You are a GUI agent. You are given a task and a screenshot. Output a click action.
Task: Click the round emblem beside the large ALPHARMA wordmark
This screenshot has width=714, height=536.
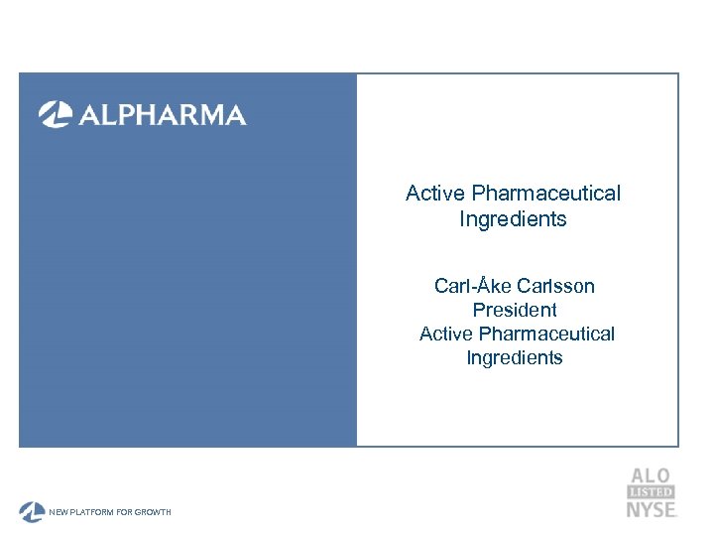pyautogui.click(x=54, y=115)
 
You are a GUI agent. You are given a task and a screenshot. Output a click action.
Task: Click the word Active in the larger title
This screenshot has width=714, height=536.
pyautogui.click(x=436, y=193)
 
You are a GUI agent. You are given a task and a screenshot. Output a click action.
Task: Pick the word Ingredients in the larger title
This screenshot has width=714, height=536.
pyautogui.click(x=513, y=218)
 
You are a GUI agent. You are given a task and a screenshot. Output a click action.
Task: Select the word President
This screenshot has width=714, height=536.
pyautogui.click(x=515, y=310)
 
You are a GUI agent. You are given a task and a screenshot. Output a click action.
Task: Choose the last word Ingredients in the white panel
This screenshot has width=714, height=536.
pyautogui.click(x=515, y=357)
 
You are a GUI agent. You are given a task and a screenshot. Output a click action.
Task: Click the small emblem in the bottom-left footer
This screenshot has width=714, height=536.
pyautogui.click(x=32, y=511)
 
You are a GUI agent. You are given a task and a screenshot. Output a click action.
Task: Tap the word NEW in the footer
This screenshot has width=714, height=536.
pyautogui.click(x=59, y=512)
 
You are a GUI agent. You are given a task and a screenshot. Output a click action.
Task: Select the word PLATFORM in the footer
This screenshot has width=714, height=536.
pyautogui.click(x=94, y=512)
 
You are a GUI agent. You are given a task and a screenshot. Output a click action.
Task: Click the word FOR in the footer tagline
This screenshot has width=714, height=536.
pyautogui.click(x=128, y=512)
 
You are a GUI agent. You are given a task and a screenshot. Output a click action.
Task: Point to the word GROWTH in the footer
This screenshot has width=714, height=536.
pyautogui.click(x=155, y=512)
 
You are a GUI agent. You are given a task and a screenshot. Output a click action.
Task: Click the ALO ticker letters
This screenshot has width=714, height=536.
pyautogui.click(x=651, y=476)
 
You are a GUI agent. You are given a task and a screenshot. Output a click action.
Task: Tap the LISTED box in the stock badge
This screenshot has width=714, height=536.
pyautogui.click(x=651, y=492)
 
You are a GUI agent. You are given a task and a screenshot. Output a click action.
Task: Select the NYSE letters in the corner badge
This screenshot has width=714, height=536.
pyautogui.click(x=651, y=509)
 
